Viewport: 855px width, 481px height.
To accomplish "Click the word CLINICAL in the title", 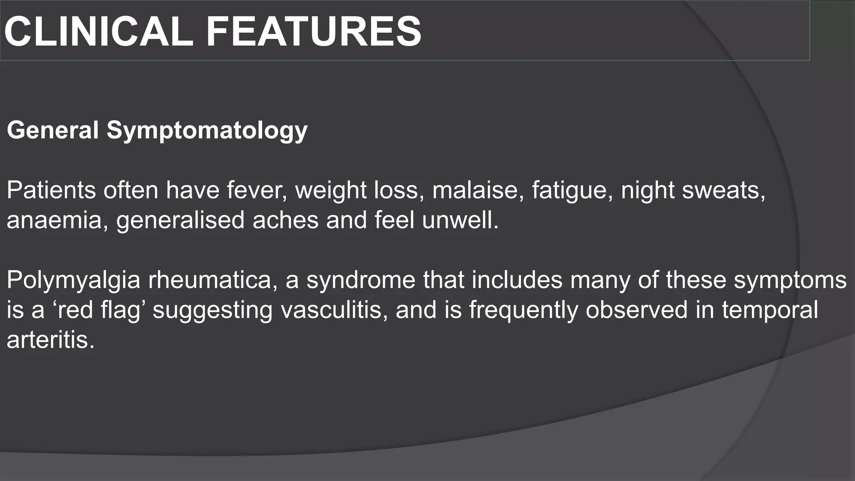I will pos(99,32).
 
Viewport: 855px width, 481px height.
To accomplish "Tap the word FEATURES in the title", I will pos(314,32).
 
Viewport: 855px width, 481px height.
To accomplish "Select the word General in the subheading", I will pos(53,130).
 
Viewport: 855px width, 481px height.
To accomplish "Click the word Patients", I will pos(51,190).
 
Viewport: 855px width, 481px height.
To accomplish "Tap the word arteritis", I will pos(51,340).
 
